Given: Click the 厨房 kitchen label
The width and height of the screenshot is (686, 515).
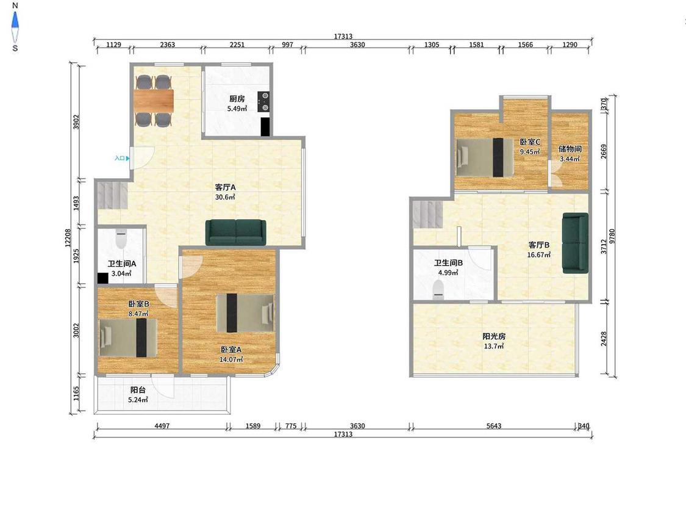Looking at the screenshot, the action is tap(237, 99).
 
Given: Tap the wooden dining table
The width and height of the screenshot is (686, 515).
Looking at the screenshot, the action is tap(154, 100).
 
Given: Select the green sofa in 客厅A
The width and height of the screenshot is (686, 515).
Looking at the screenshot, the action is tap(236, 232).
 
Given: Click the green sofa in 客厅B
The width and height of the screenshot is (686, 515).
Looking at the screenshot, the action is tap(575, 243).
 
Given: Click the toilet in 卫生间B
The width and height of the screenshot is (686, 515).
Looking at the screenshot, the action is tap(438, 289).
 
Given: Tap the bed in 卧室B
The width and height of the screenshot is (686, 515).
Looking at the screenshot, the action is tap(128, 337).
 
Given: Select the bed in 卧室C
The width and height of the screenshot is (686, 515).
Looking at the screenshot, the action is tap(484, 157).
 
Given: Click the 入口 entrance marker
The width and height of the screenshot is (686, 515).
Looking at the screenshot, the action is tap(122, 158).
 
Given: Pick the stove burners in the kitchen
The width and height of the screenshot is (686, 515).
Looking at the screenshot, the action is tap(264, 102).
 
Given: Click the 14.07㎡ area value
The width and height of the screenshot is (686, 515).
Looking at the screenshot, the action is tap(231, 359).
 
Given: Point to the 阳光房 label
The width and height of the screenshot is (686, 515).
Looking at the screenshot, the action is tap(494, 336).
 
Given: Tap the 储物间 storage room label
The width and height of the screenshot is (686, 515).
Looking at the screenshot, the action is tap(570, 149).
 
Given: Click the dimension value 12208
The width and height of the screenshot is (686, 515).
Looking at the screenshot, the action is tap(68, 238).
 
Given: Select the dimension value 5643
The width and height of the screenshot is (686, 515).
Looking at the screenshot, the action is tap(494, 426).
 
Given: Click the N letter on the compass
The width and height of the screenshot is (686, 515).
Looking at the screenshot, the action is tap(15, 5).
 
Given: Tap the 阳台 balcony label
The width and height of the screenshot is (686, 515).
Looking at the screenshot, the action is tap(138, 390).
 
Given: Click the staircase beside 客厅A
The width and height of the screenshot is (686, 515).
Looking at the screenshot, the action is tap(112, 195).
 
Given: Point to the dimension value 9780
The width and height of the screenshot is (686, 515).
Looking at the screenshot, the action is tap(612, 237).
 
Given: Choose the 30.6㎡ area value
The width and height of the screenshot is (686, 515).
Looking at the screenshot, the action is tap(225, 197).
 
